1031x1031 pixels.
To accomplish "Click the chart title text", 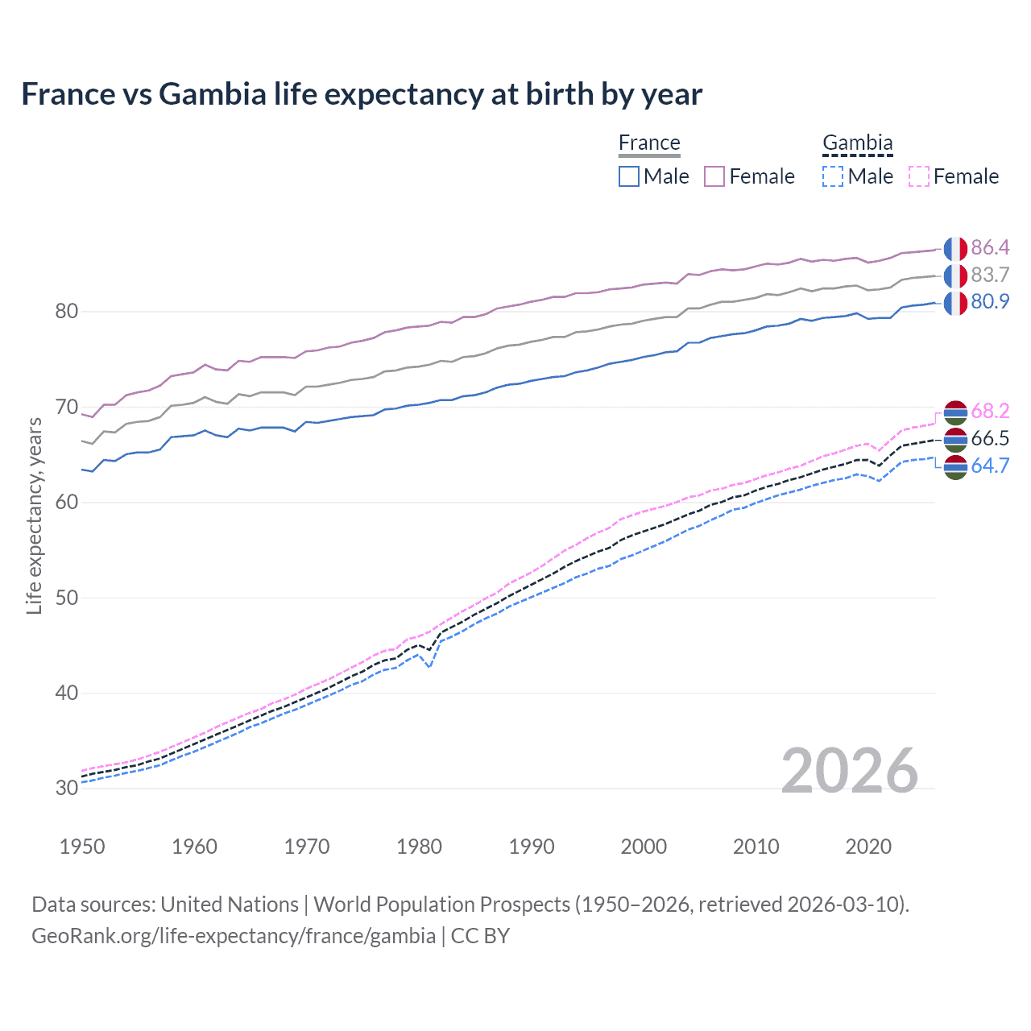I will [x=362, y=94].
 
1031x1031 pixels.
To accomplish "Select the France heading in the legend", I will [x=649, y=143].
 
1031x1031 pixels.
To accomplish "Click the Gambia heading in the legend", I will [x=857, y=143].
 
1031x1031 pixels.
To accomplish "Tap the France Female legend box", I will [x=714, y=176].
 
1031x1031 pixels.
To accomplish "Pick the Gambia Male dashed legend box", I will [x=833, y=176].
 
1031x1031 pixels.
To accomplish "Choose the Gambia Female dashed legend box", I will [x=919, y=176].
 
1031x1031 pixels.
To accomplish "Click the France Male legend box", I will [x=629, y=176].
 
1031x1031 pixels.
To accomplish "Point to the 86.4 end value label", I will [x=990, y=248].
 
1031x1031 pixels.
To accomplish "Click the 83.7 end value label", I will [x=990, y=275].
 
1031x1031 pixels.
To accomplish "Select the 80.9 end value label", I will [x=990, y=302].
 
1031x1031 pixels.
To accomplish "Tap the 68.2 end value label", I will [x=990, y=412].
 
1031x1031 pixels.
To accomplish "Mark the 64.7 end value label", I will [x=990, y=466].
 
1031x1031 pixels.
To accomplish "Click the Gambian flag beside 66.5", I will [x=955, y=439].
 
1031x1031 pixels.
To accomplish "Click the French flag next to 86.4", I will [x=955, y=249].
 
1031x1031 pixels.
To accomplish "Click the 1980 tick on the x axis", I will [x=419, y=847].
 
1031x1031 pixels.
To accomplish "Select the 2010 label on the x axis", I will [x=756, y=847].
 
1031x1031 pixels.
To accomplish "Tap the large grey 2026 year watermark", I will [x=849, y=771].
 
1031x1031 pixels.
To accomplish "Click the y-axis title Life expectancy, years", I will [x=35, y=516].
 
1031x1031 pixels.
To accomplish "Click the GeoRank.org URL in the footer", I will [x=234, y=936].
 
